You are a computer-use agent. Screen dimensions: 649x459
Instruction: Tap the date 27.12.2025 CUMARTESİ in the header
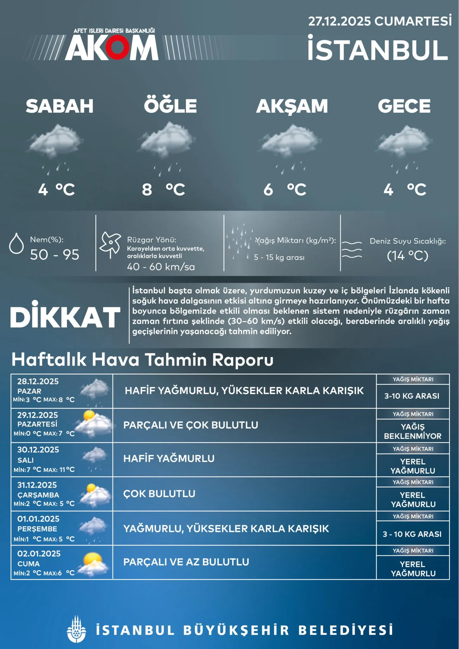(380, 21)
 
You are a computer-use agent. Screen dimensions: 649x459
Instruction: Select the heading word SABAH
(60, 106)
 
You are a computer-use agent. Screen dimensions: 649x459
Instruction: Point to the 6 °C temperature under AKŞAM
(285, 190)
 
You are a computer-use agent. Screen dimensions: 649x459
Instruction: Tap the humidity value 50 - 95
(54, 255)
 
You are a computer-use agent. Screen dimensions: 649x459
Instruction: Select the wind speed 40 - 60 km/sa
(161, 267)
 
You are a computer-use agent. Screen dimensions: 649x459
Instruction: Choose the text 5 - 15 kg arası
(279, 257)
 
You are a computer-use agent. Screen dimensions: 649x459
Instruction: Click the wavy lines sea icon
(352, 249)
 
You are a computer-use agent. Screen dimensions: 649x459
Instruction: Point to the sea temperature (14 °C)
(407, 255)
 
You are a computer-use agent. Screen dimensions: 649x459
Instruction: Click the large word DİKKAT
(65, 318)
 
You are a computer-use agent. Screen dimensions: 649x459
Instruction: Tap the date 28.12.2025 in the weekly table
(38, 381)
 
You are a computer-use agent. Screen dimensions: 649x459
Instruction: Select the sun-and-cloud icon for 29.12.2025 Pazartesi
(93, 423)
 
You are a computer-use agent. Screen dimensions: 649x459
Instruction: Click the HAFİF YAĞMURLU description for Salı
(169, 458)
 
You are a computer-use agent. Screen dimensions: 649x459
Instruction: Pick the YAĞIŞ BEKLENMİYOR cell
(412, 431)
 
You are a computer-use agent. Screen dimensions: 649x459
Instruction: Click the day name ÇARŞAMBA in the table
(38, 495)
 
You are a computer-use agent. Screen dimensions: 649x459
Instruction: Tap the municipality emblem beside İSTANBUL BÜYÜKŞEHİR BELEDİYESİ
(76, 629)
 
